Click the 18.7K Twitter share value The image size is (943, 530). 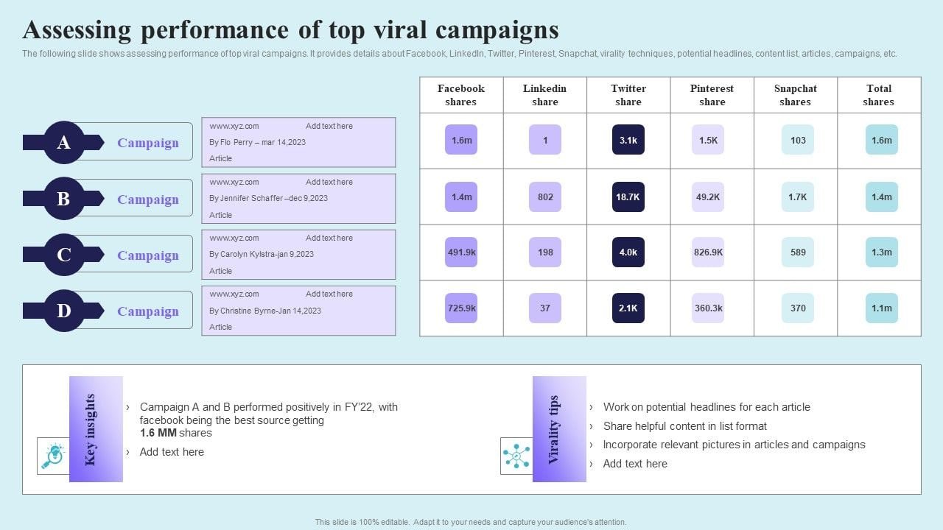(x=628, y=197)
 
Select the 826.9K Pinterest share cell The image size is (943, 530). (x=708, y=252)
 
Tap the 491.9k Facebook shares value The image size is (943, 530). (x=461, y=252)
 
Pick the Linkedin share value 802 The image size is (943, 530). (x=545, y=197)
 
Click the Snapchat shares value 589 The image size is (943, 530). (x=798, y=252)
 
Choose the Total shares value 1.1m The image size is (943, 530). (x=881, y=308)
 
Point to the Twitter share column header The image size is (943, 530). (x=628, y=95)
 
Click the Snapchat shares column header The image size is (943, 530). (x=795, y=95)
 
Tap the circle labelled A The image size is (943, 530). (x=64, y=142)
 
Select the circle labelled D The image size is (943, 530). (x=64, y=311)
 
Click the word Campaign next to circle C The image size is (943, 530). (x=148, y=255)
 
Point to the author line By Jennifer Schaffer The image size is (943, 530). (x=268, y=198)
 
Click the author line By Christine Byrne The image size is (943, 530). (x=265, y=311)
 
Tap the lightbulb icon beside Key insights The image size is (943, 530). (x=53, y=456)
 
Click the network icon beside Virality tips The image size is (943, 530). (x=516, y=456)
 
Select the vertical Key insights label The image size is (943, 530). (x=91, y=429)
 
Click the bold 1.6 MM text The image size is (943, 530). (x=158, y=433)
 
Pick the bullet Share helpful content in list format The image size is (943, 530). (x=684, y=426)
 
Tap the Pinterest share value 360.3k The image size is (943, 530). (x=708, y=308)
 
